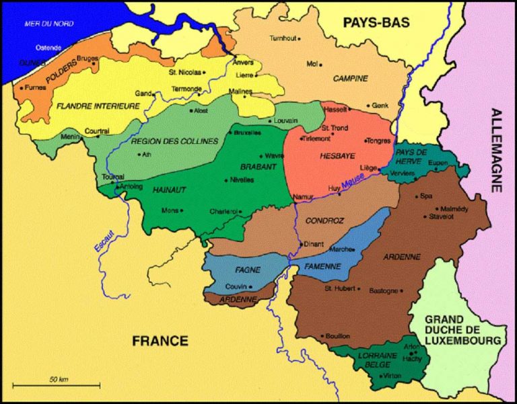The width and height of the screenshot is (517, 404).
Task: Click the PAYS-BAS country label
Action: [x=376, y=22]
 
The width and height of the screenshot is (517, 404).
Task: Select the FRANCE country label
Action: [x=160, y=340]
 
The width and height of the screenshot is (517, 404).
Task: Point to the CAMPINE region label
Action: [x=351, y=79]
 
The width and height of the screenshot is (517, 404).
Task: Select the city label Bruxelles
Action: [x=248, y=132]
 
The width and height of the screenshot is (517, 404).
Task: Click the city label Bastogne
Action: [x=384, y=290]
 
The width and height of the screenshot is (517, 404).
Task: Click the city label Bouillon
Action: [x=337, y=335]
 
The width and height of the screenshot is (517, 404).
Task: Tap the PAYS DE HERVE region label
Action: [x=412, y=157]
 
